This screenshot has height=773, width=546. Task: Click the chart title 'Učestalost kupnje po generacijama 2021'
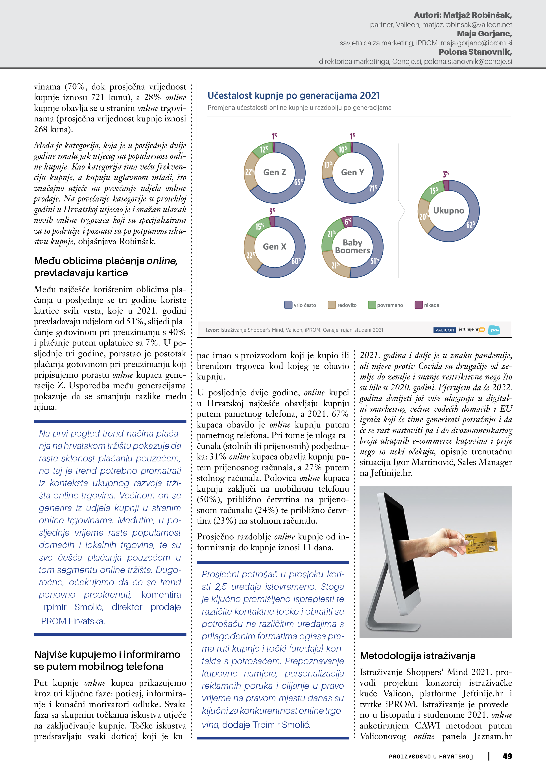click(293, 96)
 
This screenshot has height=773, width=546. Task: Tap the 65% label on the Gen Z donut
click(298, 182)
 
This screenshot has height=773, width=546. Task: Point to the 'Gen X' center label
click(275, 247)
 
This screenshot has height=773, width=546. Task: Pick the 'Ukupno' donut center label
click(448, 211)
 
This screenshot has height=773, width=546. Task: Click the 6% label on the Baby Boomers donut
click(348, 221)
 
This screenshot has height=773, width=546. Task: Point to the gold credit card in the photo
click(481, 542)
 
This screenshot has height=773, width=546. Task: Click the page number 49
click(507, 756)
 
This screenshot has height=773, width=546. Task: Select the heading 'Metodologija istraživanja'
click(417, 656)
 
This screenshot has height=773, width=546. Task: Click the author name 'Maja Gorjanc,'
click(484, 34)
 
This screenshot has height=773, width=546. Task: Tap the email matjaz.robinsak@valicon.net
click(467, 25)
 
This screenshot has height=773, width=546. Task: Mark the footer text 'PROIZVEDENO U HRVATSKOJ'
click(431, 756)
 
